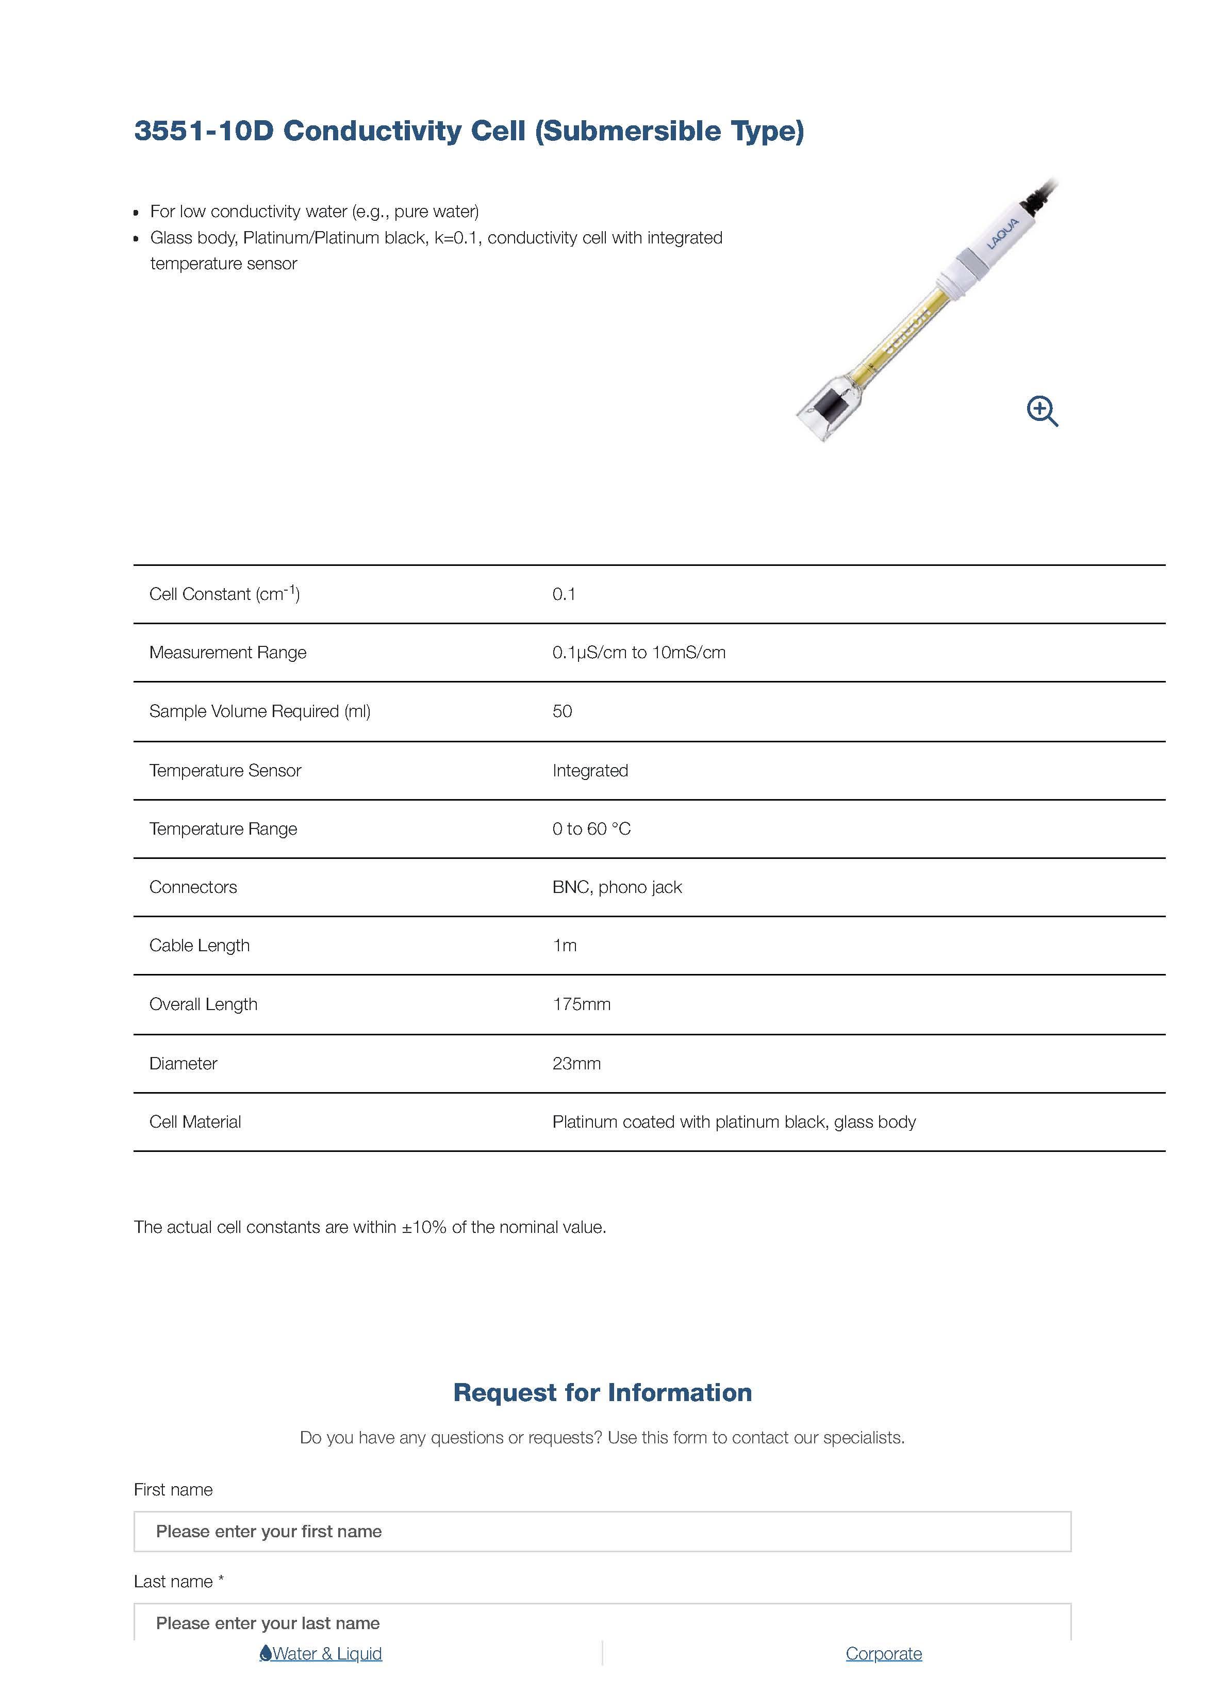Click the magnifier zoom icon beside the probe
coord(1042,411)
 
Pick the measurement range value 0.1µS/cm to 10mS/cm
coord(638,653)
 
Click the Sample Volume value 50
coord(562,711)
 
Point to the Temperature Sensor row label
coord(225,770)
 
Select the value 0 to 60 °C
coord(591,829)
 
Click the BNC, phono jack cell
coord(617,887)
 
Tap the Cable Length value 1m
coord(564,946)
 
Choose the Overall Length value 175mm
coord(581,1004)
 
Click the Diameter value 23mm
coord(576,1063)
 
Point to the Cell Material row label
coord(195,1122)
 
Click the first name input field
coord(602,1532)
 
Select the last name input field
coord(602,1623)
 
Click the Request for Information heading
coord(603,1392)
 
